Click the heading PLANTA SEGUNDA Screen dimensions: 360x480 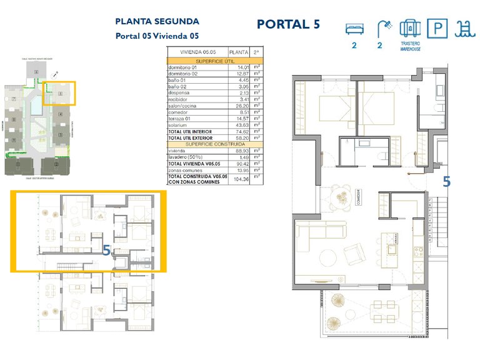[x=157, y=22]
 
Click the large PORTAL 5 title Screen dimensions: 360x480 [x=288, y=24]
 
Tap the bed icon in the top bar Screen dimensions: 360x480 [x=354, y=29]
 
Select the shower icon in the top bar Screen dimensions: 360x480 [x=384, y=28]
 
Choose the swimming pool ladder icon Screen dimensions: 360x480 [x=463, y=28]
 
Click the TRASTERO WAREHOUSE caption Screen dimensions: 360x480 [x=410, y=46]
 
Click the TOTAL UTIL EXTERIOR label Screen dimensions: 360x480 [x=190, y=138]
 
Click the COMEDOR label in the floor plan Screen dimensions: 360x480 [x=359, y=198]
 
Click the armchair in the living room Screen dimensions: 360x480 [x=356, y=254]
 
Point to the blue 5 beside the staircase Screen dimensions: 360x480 [x=446, y=182]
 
